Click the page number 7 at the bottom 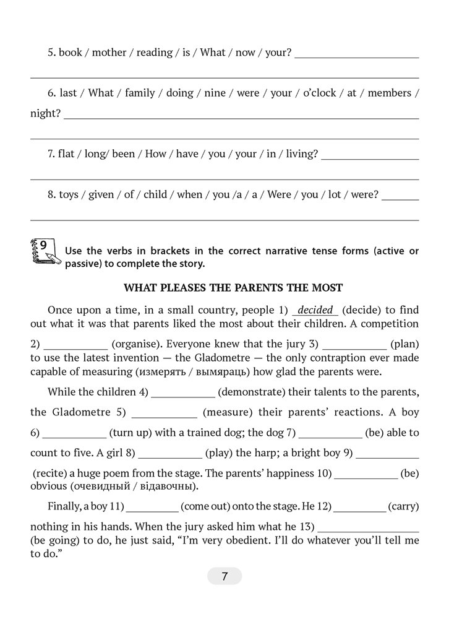(225, 577)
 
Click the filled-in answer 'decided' (315, 309)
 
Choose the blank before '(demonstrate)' (183, 392)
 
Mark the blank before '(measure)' (164, 412)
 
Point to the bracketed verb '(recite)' (51, 473)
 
